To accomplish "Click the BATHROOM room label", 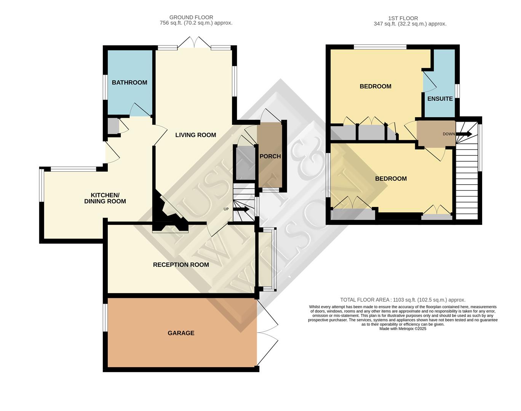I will [129, 83].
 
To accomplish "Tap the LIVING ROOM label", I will [195, 135].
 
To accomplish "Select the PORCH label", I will [270, 156].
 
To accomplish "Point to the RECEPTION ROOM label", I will [181, 265].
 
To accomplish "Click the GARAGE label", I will [181, 333].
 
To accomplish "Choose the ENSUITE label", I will [440, 99].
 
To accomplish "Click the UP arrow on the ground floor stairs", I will [241, 209].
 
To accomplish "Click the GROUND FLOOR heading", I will [191, 17].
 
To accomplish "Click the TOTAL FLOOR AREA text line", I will [403, 300].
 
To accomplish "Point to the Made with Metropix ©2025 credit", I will [403, 329].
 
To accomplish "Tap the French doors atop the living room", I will [194, 43].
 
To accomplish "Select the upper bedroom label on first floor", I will [375, 86].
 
